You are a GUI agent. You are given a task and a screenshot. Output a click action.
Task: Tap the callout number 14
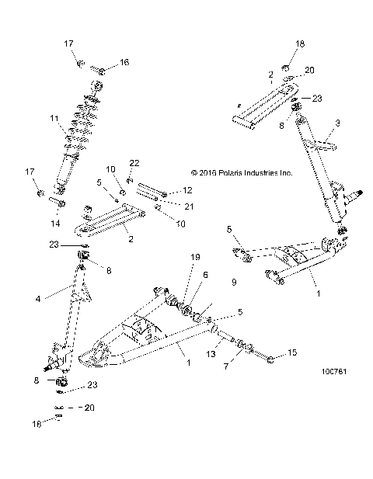tap(55, 222)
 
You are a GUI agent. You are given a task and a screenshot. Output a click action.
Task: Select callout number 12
tap(187, 190)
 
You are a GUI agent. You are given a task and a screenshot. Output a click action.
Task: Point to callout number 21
tap(186, 206)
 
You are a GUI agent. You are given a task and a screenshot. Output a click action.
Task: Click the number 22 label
tap(134, 162)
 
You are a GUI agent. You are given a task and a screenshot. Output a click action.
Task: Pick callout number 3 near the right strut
tap(338, 123)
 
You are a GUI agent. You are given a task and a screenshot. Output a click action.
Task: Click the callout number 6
tap(206, 274)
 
